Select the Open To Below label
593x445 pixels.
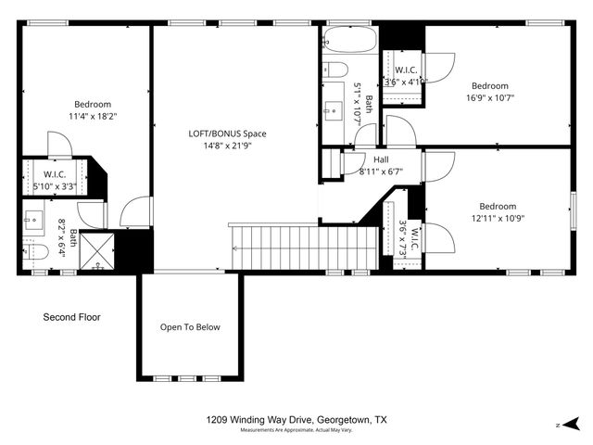coord(190,326)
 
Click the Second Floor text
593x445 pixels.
coord(71,317)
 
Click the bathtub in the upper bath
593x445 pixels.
coord(350,40)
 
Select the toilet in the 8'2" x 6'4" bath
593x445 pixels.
coord(34,253)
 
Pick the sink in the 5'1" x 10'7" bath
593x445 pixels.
coord(332,113)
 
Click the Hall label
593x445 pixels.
coord(381,159)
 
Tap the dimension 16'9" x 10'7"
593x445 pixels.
coord(488,97)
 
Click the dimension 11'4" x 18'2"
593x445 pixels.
coord(93,117)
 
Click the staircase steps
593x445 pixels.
coord(306,247)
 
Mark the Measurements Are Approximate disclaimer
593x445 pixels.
coord(296,431)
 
